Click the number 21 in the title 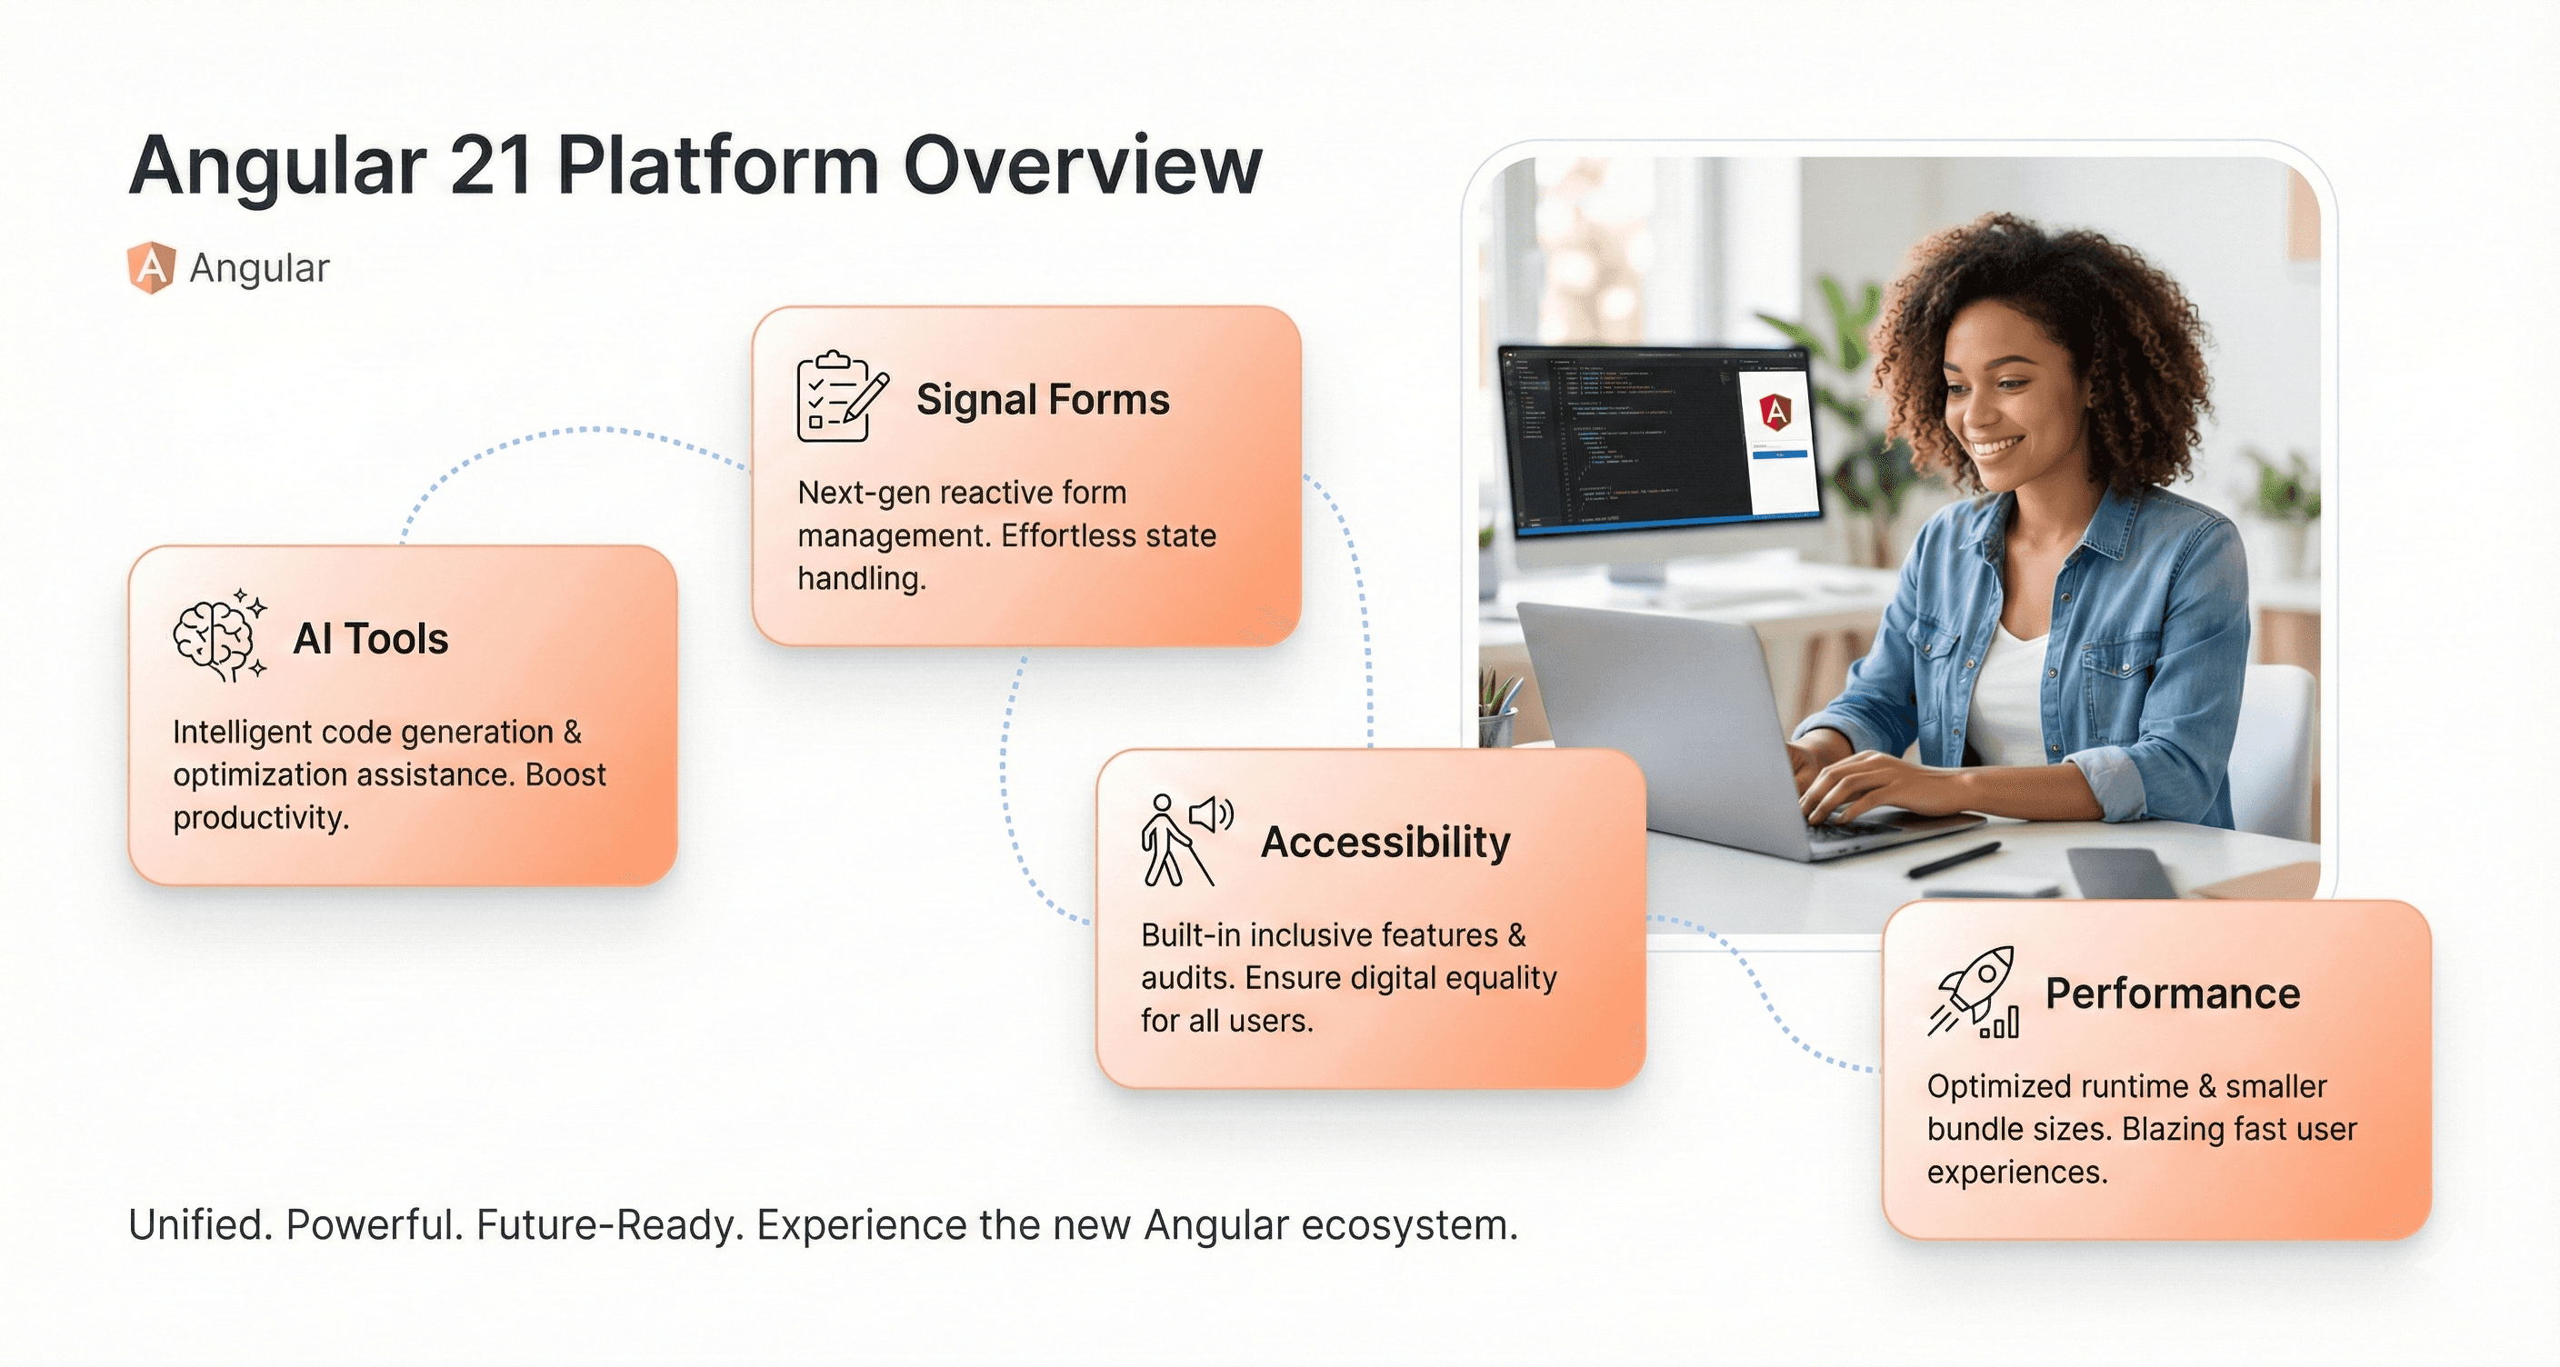coord(489,167)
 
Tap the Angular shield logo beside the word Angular coord(151,267)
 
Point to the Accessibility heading coord(1385,843)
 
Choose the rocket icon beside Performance coord(1974,992)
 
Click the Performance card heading coord(2172,993)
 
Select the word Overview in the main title coord(1082,167)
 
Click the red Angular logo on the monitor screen coord(1775,410)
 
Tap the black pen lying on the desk coord(1954,859)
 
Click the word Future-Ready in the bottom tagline coord(609,1225)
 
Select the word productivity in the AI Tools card coord(260,818)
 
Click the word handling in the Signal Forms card coord(861,578)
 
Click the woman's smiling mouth coord(1998,447)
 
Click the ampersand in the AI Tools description coord(573,733)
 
